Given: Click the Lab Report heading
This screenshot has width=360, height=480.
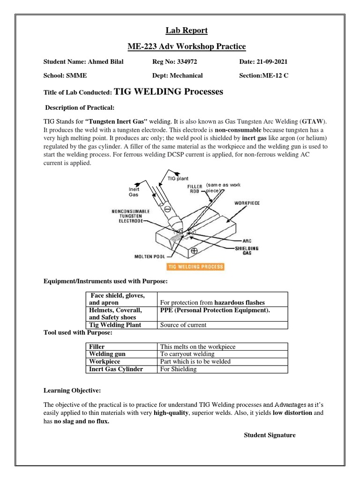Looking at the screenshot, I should (187, 31).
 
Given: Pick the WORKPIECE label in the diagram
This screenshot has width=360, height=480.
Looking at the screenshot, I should (247, 203).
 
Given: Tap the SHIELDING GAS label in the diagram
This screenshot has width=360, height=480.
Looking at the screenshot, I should (247, 251).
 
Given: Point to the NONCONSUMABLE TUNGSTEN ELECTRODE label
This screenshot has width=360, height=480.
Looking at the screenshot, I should (130, 216).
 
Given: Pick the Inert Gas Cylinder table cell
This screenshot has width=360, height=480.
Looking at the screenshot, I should (116, 369).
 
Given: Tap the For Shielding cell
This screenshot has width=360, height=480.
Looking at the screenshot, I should (179, 369).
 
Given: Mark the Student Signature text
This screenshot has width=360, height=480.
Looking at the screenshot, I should (270, 435).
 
